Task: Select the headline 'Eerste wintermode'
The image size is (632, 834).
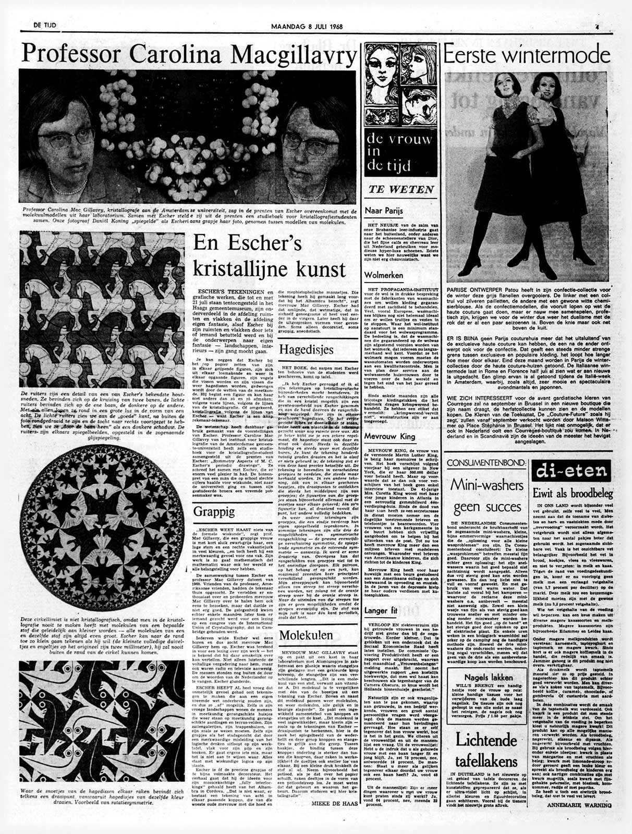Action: coord(526,55)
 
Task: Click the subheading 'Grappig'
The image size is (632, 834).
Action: coord(214,511)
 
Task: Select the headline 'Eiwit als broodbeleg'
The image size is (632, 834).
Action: coord(573,493)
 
